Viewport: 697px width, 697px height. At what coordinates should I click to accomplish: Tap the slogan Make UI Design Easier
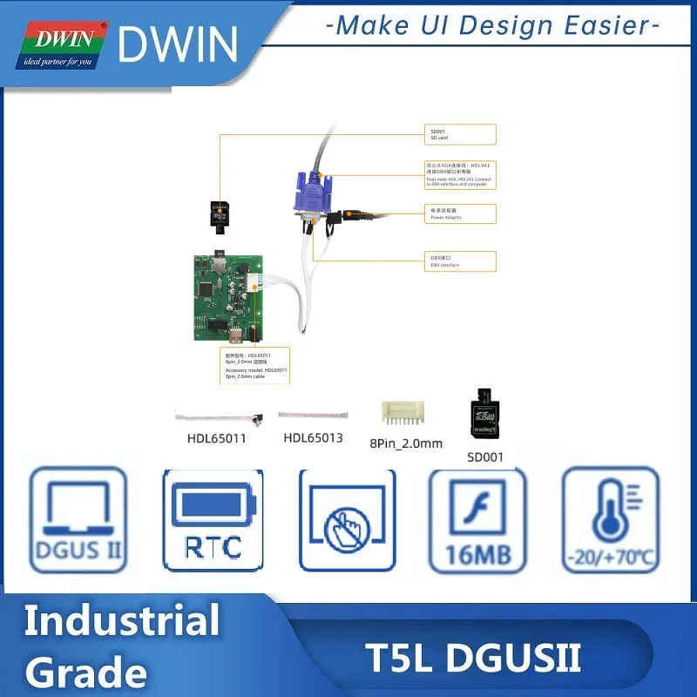[x=491, y=25]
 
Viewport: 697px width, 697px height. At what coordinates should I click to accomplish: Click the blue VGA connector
[x=312, y=196]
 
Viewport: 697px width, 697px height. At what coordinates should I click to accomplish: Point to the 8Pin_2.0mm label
[x=406, y=443]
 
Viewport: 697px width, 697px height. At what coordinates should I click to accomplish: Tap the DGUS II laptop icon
[x=78, y=519]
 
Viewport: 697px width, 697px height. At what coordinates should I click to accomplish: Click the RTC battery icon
[x=213, y=519]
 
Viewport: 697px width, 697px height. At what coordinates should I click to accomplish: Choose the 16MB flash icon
[x=478, y=519]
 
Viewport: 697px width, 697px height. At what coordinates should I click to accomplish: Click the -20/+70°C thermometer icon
[x=610, y=519]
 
